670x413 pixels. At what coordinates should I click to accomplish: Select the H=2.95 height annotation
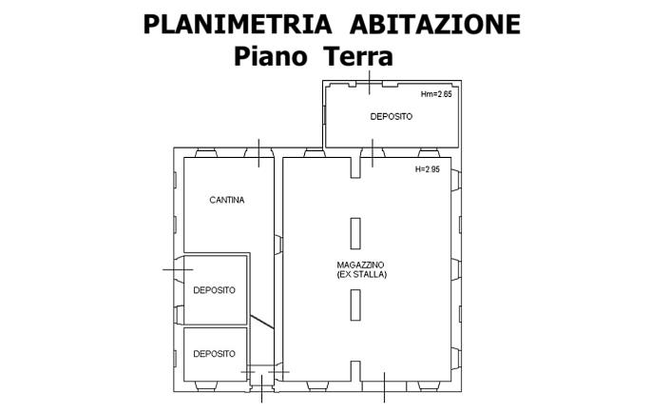[428, 169]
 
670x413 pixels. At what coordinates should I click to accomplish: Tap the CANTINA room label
[227, 200]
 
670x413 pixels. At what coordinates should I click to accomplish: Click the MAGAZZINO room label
[362, 264]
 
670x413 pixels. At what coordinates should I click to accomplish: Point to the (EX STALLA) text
[362, 274]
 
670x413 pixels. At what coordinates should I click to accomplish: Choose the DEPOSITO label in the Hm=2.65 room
[391, 116]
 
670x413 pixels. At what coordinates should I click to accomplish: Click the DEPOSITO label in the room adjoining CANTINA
[214, 290]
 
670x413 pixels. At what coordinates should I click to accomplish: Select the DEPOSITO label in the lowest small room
[214, 353]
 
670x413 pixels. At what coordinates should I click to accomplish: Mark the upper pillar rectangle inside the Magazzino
[355, 233]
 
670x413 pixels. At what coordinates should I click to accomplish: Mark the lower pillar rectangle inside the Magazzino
[355, 305]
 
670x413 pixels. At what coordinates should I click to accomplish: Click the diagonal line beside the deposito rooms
[261, 321]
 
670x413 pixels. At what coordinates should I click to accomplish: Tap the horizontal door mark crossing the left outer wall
[178, 269]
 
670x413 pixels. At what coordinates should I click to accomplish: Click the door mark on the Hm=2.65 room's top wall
[369, 83]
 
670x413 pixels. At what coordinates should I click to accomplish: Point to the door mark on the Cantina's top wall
[258, 152]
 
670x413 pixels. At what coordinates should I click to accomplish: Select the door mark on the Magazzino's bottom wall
[384, 386]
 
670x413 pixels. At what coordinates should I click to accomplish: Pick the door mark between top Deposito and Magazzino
[373, 152]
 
